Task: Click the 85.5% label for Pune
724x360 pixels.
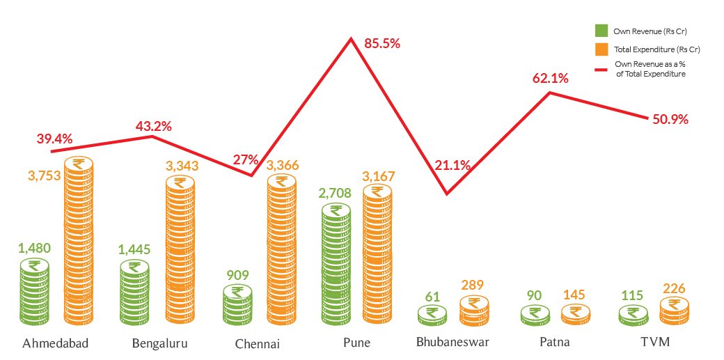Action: coord(382,44)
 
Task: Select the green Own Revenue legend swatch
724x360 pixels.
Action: coord(601,31)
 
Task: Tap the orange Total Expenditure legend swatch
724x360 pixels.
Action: coord(601,49)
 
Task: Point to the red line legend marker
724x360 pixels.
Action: coord(601,70)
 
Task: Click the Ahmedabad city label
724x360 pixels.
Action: coord(55,344)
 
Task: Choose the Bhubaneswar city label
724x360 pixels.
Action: coord(452,343)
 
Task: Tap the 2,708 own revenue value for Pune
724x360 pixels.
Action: coord(336,193)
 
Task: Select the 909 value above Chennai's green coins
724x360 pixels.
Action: coord(237,276)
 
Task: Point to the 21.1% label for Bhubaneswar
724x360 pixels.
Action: coord(453,166)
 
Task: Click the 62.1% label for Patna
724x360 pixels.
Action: coord(550,79)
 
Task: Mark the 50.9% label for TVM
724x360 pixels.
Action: coord(670,119)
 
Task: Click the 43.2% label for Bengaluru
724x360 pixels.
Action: coord(153,126)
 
